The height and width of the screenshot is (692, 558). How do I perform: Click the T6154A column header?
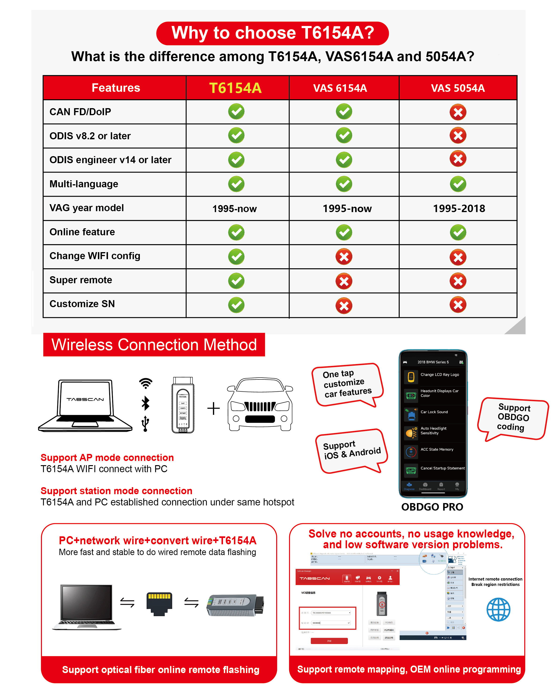point(235,88)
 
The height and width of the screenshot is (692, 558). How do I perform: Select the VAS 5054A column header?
point(458,88)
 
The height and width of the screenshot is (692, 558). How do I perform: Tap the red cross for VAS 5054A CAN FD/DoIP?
point(458,112)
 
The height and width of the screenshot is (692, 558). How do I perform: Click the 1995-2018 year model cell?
point(459,209)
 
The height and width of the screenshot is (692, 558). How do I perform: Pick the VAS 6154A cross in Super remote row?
point(344,281)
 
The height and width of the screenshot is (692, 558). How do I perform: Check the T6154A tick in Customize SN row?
point(236,305)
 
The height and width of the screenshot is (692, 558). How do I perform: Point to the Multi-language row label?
point(84,184)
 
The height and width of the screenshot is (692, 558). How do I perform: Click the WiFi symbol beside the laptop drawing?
point(146,383)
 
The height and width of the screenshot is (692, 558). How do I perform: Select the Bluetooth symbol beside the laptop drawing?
point(146,403)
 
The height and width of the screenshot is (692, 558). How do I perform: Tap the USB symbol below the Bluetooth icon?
point(145,423)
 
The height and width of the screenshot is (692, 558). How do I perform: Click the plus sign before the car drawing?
point(213,409)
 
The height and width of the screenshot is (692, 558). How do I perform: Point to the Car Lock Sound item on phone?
point(434,412)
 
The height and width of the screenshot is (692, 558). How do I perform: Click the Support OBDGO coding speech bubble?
point(513,418)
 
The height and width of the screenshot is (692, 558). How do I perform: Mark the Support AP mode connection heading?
point(107,457)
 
